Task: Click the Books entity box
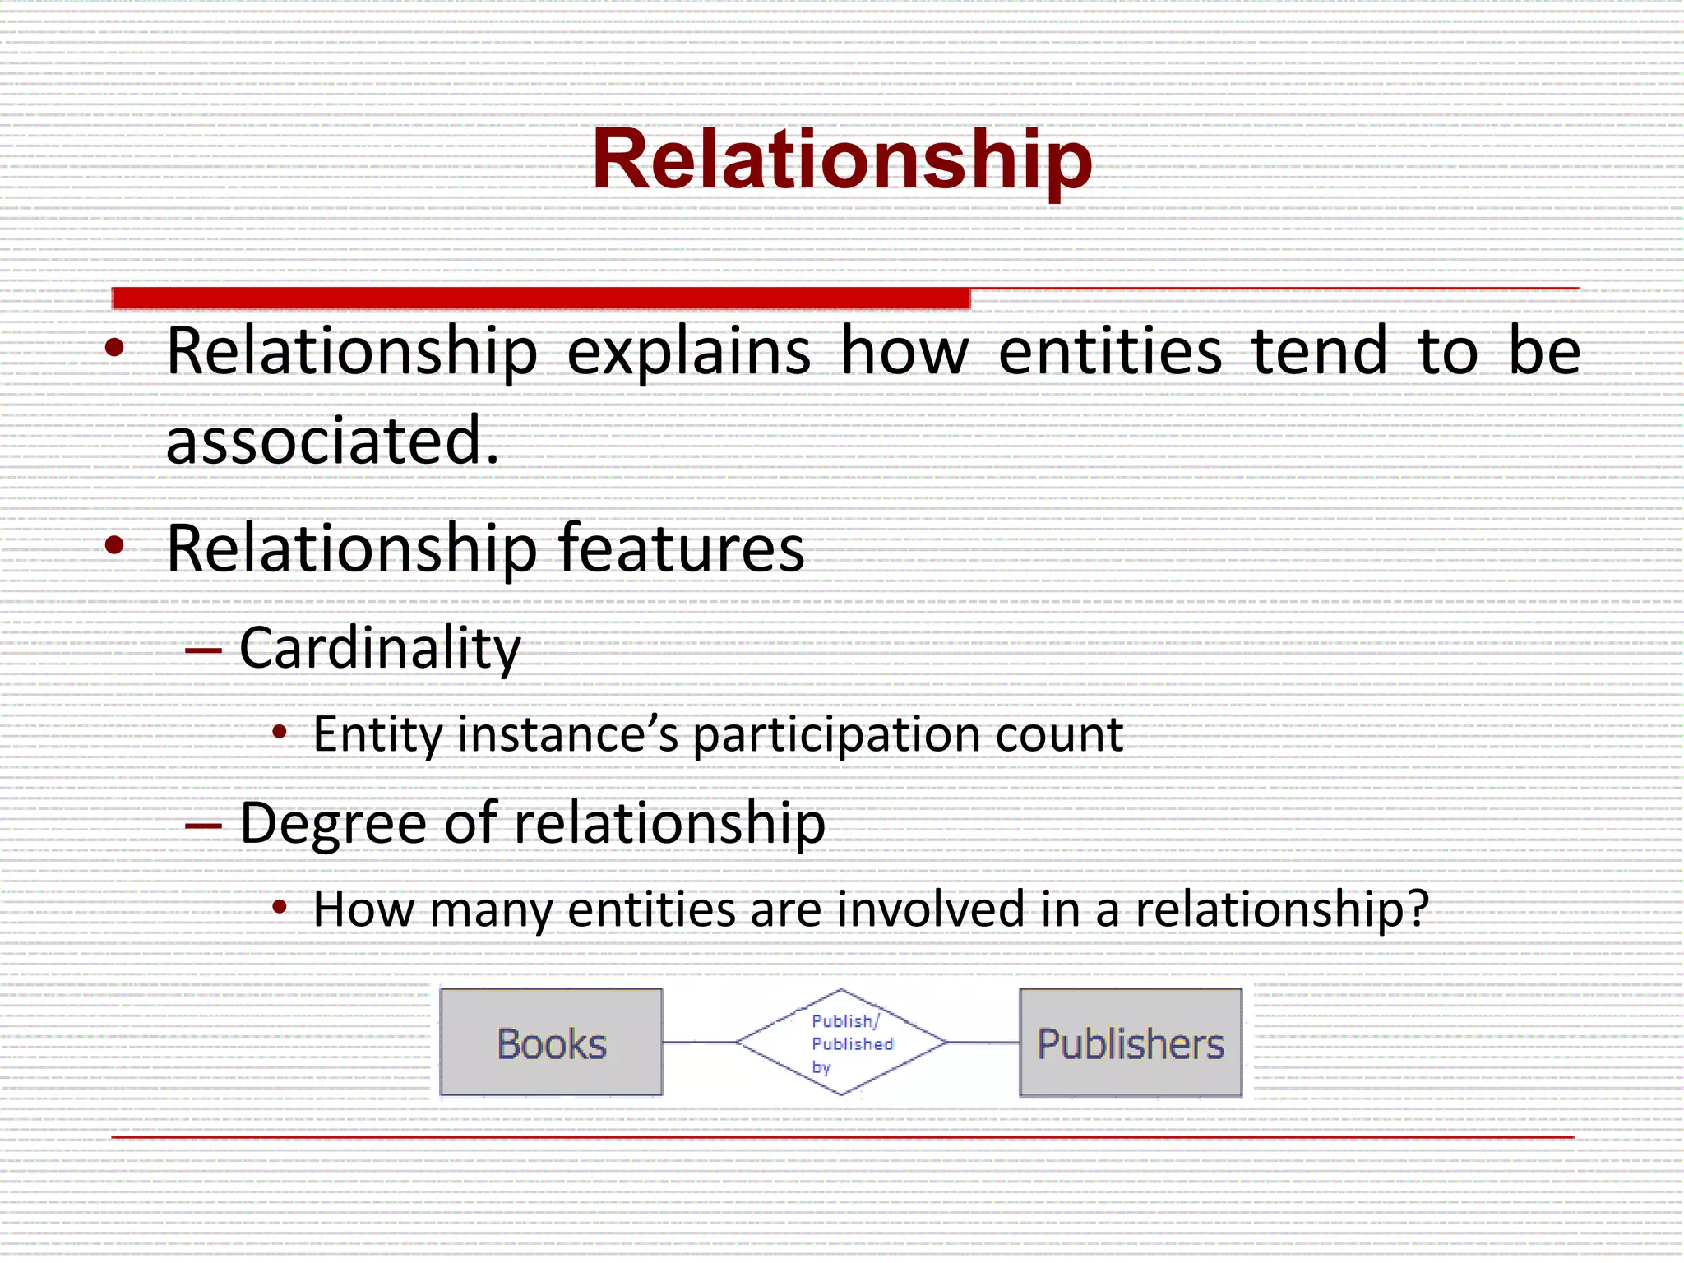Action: (551, 1043)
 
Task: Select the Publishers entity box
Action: (1131, 1043)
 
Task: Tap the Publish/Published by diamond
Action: (842, 1043)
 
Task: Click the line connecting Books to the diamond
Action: (699, 1042)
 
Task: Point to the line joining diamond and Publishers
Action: (983, 1042)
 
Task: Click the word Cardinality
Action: (380, 649)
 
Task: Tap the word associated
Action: (332, 442)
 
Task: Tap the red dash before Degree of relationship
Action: (203, 826)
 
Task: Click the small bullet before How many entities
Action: (280, 907)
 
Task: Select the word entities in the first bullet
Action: (1110, 352)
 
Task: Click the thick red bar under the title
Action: (541, 298)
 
